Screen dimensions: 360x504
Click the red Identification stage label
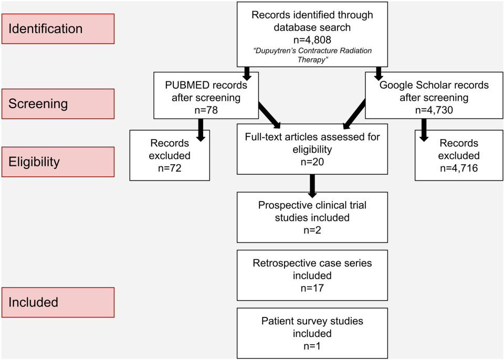(x=58, y=28)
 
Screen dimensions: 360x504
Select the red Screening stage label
(x=58, y=103)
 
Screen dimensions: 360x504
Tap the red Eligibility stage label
(x=58, y=162)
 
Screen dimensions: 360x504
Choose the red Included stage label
(x=58, y=302)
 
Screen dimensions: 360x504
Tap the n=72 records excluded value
(x=169, y=168)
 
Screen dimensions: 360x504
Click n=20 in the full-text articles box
(x=312, y=162)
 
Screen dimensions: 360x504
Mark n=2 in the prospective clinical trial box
(x=312, y=230)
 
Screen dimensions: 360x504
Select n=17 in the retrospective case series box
(x=312, y=287)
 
